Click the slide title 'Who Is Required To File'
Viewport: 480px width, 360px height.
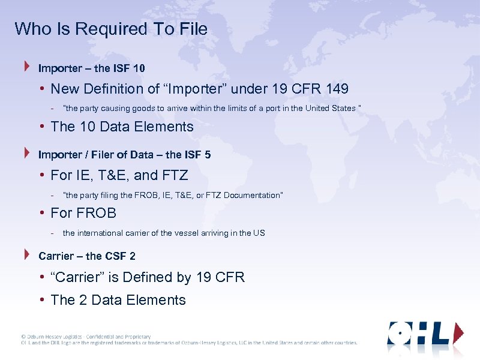111,29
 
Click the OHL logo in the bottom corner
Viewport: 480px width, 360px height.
425,334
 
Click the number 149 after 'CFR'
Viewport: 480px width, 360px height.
337,89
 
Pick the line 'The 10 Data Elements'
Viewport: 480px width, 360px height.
122,127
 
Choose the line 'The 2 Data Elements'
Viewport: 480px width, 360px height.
118,300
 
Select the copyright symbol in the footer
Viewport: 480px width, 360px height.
23,337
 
